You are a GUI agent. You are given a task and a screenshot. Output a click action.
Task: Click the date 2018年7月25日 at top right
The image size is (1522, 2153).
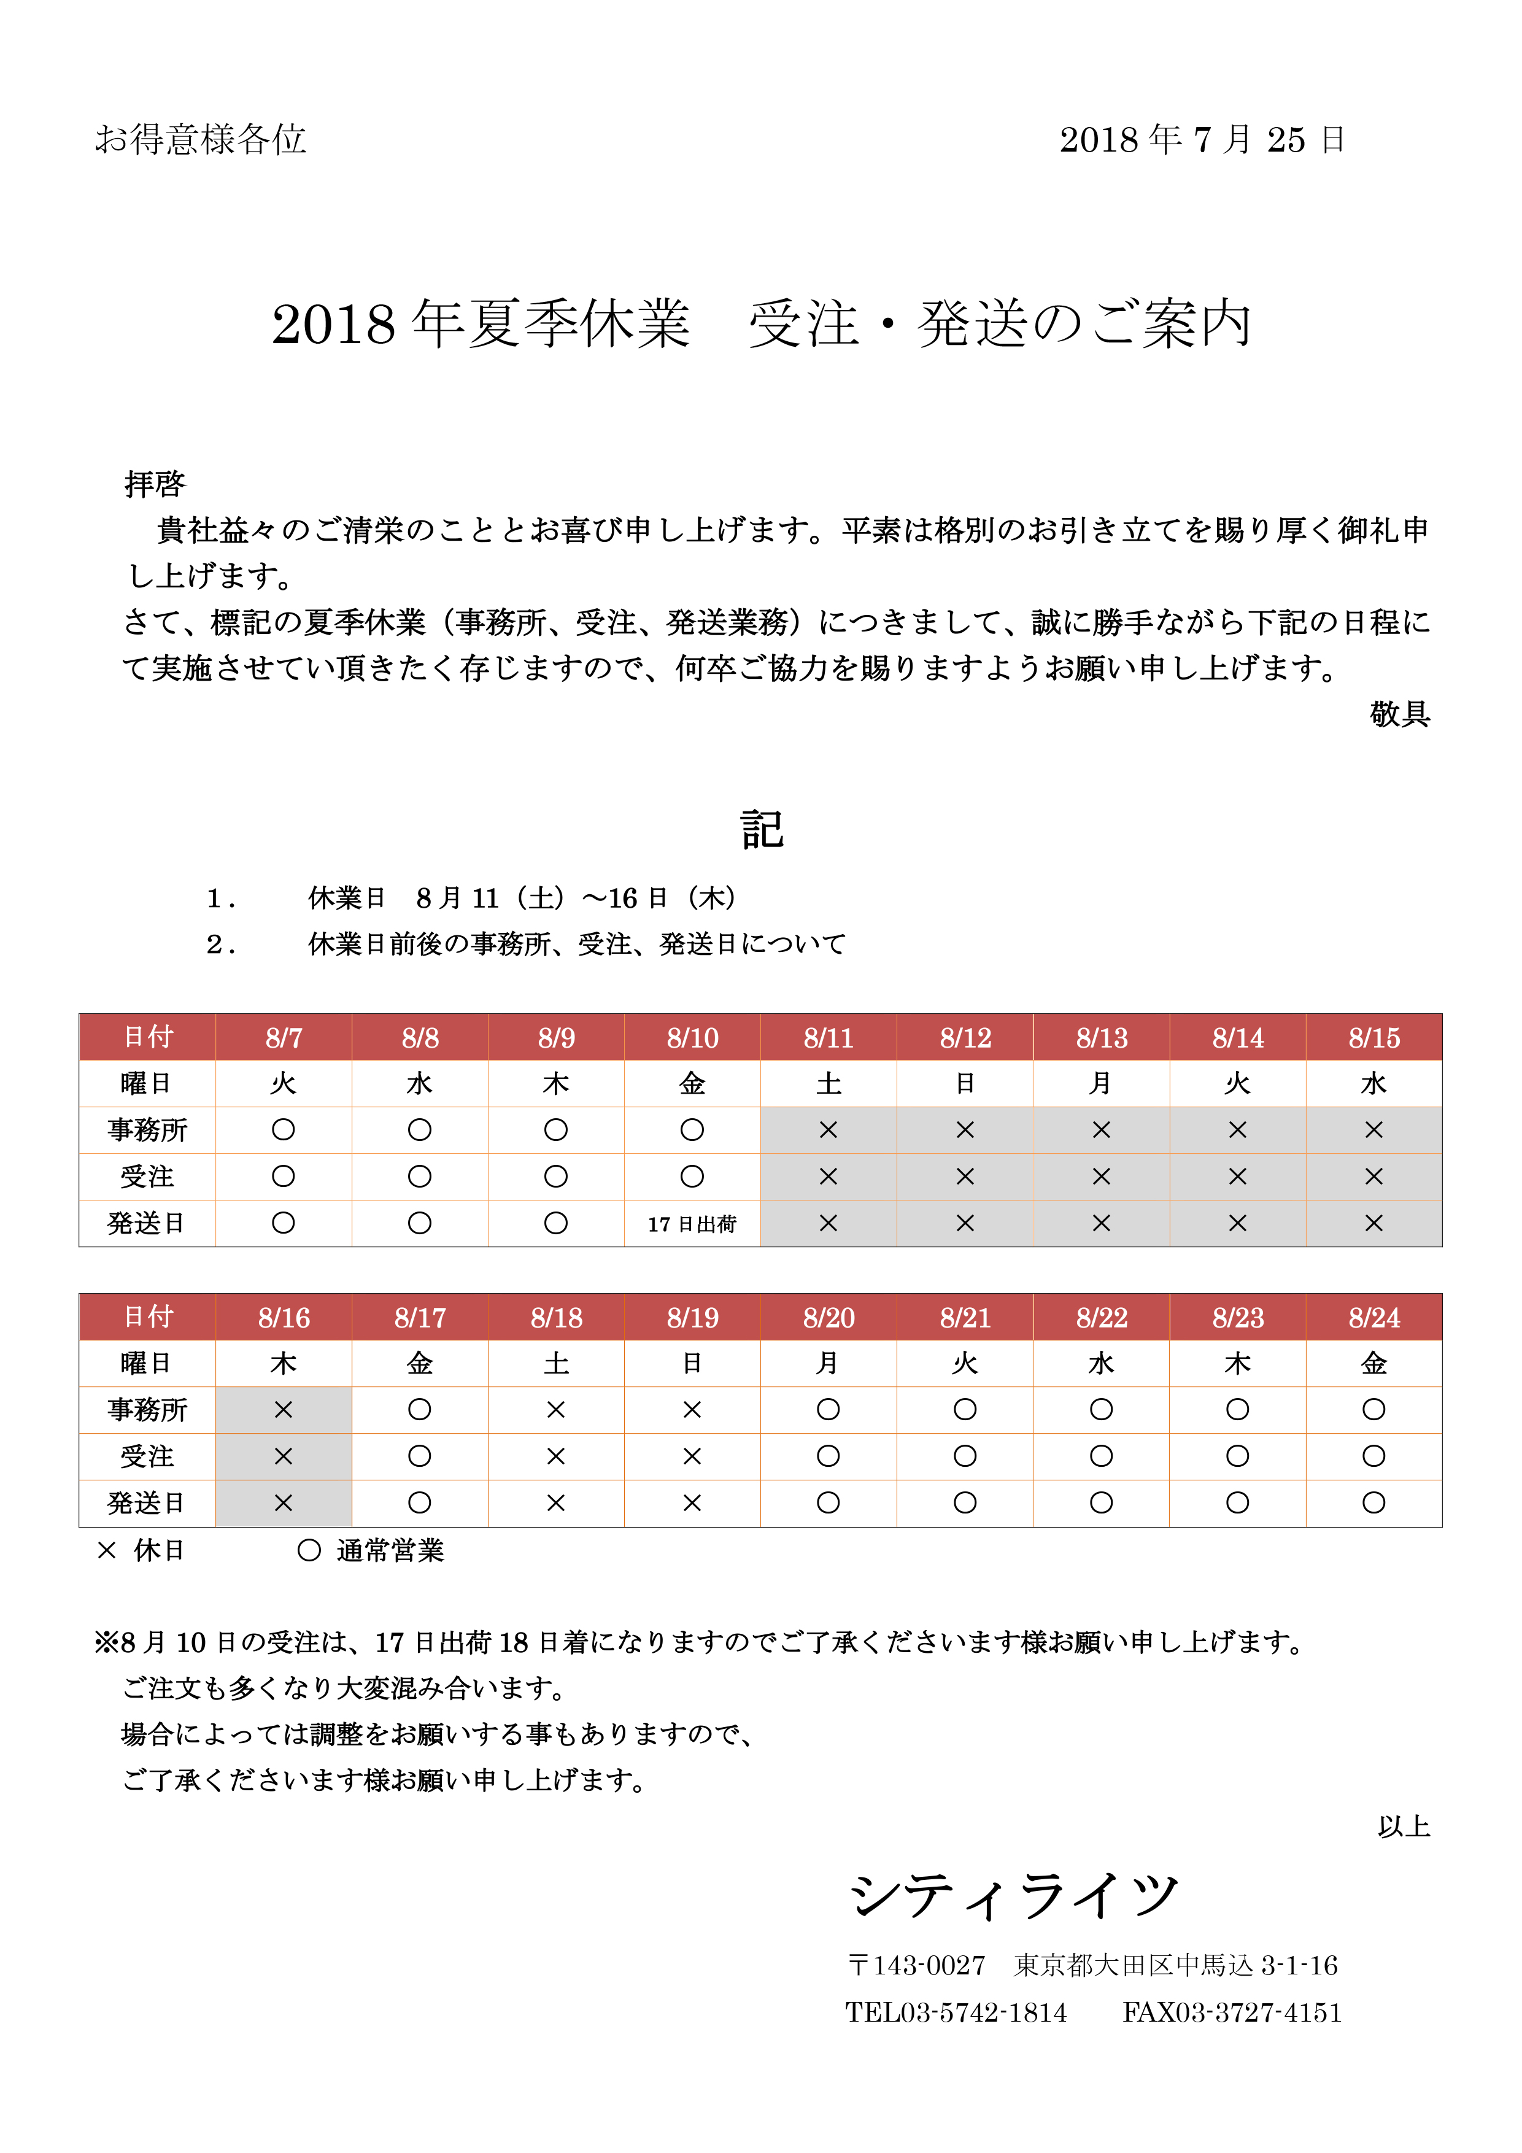[x=1202, y=140]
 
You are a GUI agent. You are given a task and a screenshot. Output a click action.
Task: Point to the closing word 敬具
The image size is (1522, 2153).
[x=1399, y=714]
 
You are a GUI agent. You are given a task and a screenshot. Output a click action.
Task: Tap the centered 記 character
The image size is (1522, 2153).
[x=762, y=830]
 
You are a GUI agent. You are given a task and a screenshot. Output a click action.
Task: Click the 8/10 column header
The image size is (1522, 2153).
[x=692, y=1038]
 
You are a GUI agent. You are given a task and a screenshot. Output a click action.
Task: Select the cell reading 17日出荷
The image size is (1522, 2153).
[x=692, y=1224]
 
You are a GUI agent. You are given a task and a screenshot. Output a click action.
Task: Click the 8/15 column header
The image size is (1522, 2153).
[x=1374, y=1038]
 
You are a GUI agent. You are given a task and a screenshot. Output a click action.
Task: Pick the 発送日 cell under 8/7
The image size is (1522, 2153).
[x=283, y=1224]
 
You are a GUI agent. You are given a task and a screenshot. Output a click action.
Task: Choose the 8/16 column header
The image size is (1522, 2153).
[x=283, y=1318]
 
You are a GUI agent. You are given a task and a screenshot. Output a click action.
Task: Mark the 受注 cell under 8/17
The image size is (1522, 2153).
[x=419, y=1456]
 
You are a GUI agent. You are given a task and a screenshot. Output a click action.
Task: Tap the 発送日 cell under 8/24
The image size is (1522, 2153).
[x=1374, y=1503]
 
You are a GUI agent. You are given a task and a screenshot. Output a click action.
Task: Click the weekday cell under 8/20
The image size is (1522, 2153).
[x=828, y=1364]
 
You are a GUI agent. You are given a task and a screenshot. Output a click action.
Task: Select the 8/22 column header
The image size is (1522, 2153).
[x=1101, y=1318]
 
